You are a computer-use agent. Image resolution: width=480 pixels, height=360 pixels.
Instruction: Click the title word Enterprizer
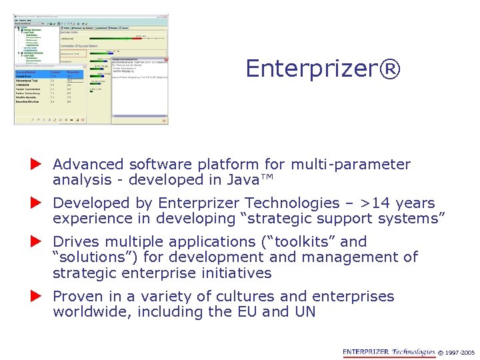tap(313, 69)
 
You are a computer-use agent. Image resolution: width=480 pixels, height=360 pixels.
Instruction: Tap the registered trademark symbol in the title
tap(391, 69)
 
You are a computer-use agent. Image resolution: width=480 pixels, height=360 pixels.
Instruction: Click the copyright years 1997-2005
tap(459, 353)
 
